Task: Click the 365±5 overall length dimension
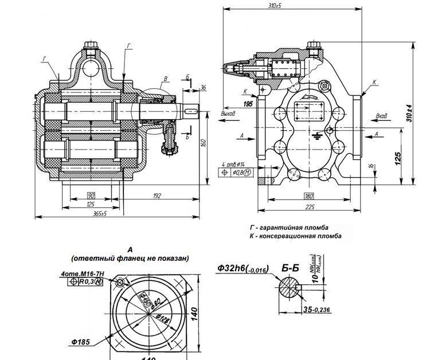100,213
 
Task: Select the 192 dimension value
158,195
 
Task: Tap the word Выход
228,115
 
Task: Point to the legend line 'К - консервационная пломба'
295,236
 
